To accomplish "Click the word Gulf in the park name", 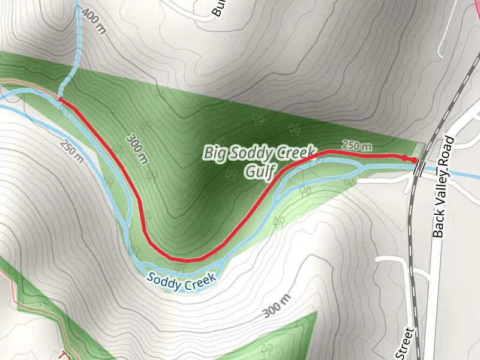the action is point(259,172).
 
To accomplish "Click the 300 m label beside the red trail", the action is point(137,148).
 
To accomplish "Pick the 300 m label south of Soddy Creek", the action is point(277,307).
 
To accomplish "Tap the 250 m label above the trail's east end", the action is point(356,145).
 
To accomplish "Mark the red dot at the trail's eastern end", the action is point(413,160).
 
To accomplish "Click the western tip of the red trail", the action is point(61,100).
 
